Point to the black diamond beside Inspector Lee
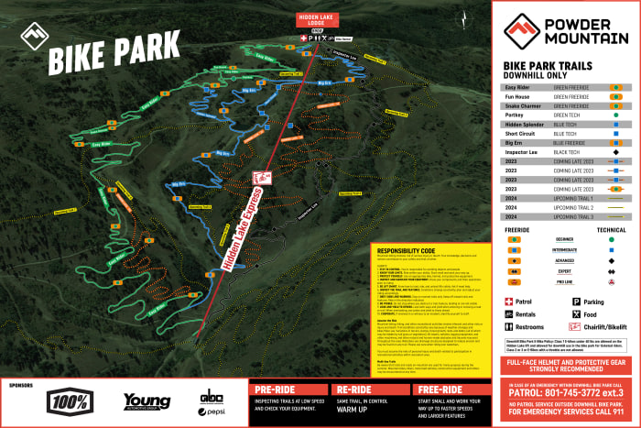(618, 152)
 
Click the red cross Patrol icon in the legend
(508, 301)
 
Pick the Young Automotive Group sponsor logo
(147, 401)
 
